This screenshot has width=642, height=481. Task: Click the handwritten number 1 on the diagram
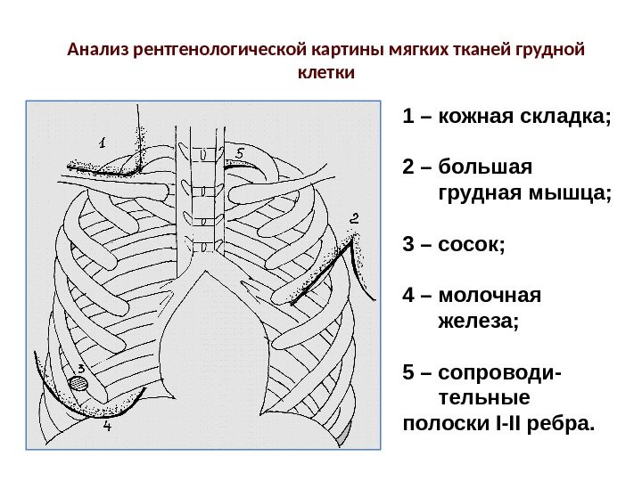pos(102,142)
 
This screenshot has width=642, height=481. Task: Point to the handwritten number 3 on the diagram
pos(81,368)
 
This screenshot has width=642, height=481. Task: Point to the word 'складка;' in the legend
pos(571,118)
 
